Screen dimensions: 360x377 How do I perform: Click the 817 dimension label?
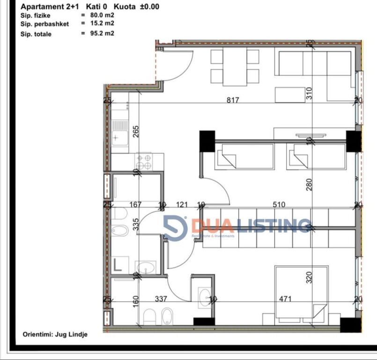[232, 100]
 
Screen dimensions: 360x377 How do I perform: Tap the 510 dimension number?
[279, 204]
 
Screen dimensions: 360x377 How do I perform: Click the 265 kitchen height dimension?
[136, 131]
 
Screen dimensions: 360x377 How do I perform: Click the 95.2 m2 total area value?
[102, 33]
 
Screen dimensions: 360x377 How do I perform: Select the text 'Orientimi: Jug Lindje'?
[55, 334]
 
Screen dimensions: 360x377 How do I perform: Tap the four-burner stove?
[144, 162]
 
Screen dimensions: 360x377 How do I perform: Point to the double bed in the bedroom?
[301, 294]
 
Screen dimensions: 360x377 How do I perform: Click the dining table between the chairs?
[235, 67]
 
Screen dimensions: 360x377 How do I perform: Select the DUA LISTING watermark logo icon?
[175, 228]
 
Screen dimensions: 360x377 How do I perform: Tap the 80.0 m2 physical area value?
[102, 15]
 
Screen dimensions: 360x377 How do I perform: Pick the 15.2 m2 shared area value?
[102, 22]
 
